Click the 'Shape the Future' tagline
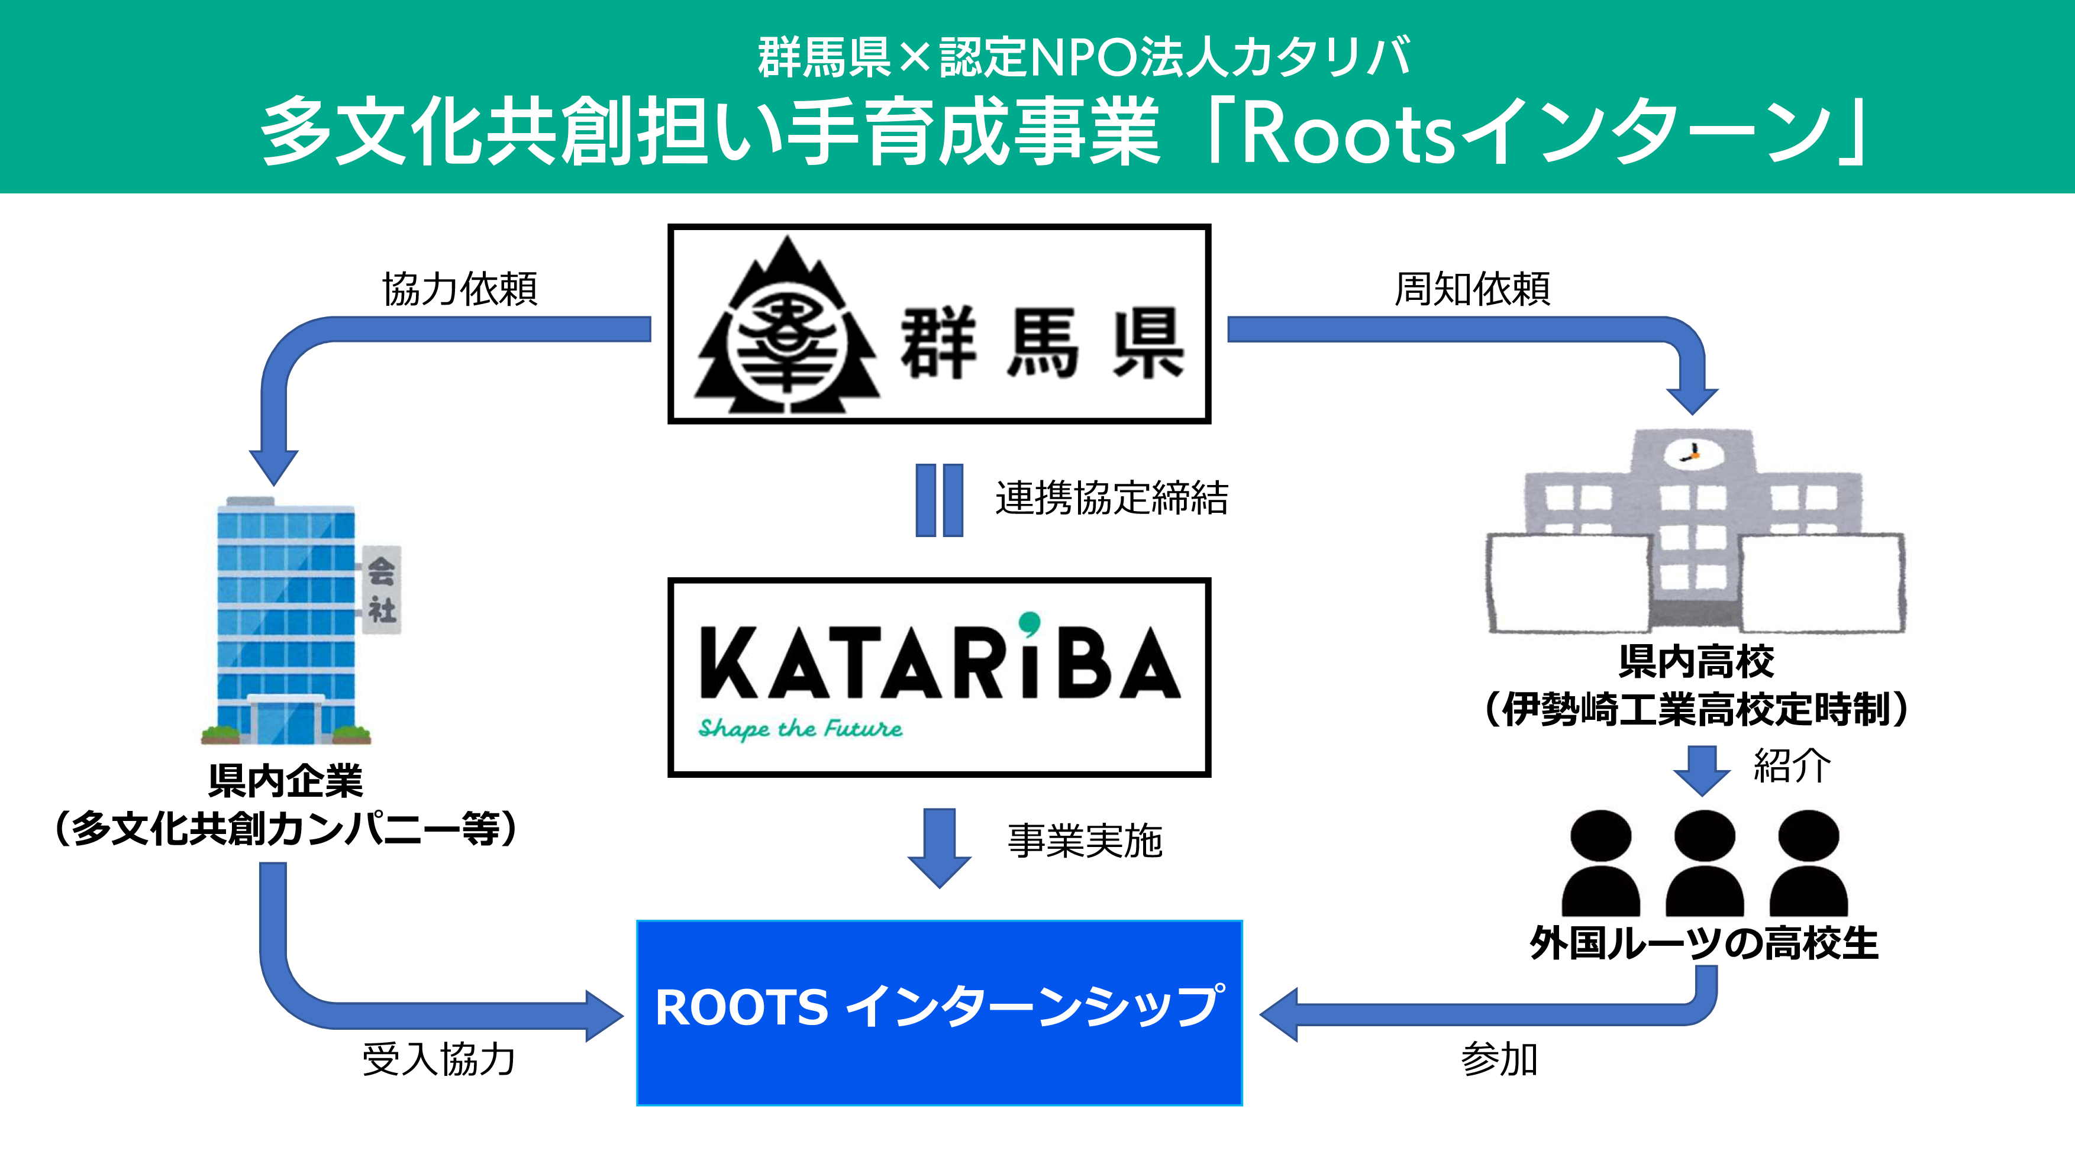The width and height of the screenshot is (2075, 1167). click(800, 728)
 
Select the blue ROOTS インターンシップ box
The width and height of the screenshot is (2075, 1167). click(939, 1013)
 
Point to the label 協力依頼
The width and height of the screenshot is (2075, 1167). click(459, 288)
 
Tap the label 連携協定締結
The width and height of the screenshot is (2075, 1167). click(1112, 497)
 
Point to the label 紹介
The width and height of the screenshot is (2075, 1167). click(1792, 765)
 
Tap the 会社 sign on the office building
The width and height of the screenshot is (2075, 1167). click(381, 590)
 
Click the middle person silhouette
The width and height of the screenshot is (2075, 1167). click(1705, 862)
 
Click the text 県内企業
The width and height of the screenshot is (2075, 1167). click(286, 780)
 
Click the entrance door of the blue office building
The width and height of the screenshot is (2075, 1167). click(286, 721)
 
